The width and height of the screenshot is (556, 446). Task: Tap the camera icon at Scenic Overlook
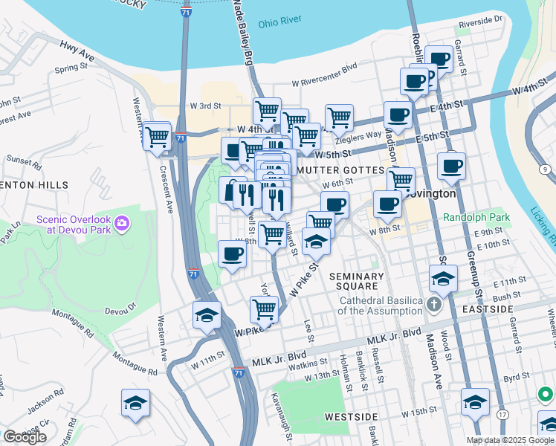coord(122,222)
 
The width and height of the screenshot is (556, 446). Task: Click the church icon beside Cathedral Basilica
coord(435,305)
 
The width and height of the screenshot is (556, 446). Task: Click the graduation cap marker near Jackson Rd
coord(135,404)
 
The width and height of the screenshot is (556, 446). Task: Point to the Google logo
coord(25,436)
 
